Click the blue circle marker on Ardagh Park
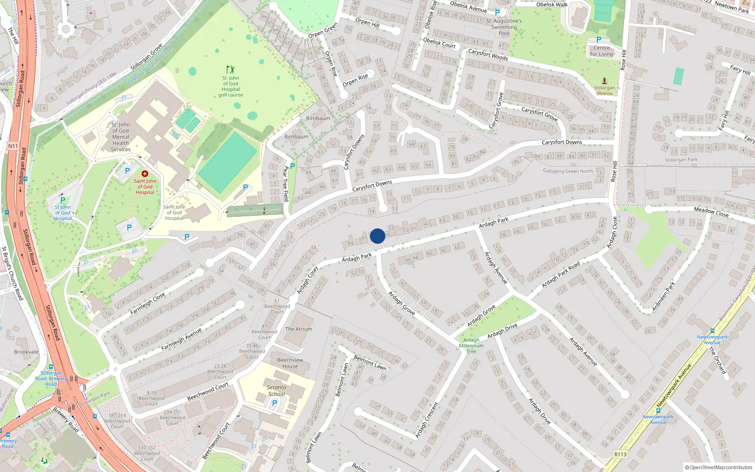377,236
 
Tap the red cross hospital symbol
145,174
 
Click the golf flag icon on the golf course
230,70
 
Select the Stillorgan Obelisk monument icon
604,81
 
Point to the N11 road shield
13,146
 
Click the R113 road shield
620,455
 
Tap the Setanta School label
277,390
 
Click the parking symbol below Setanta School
275,403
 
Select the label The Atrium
298,329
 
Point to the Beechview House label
290,363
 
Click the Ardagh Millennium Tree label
471,346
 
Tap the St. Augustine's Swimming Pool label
504,27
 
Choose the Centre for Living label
602,51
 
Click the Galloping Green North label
568,171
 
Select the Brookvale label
26,352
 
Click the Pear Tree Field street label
285,184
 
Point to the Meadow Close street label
711,212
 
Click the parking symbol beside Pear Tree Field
293,166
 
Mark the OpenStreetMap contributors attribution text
719,467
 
